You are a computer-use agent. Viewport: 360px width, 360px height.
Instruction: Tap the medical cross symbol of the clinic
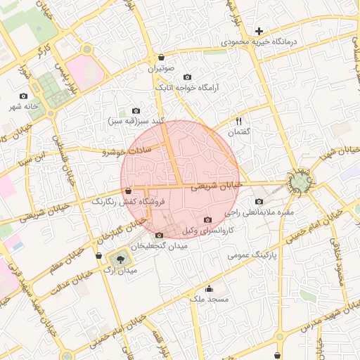[x=259, y=31]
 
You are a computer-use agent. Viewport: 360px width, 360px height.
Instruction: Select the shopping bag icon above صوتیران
[x=162, y=58]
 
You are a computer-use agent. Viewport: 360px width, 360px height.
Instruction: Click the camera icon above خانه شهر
[x=24, y=96]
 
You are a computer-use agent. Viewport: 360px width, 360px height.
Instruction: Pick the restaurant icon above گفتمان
[x=238, y=121]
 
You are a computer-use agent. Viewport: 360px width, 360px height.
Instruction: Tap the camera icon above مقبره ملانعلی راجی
[x=259, y=202]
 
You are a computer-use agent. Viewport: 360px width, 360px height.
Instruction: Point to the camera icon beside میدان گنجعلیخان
[x=159, y=235]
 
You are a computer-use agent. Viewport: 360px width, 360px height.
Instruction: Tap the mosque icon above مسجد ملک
[x=209, y=288]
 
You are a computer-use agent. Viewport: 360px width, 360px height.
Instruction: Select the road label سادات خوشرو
[x=127, y=150]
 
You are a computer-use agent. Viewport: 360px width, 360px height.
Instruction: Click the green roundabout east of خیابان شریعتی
[x=301, y=182]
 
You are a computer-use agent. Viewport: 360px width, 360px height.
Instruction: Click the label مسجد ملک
[x=205, y=299]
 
